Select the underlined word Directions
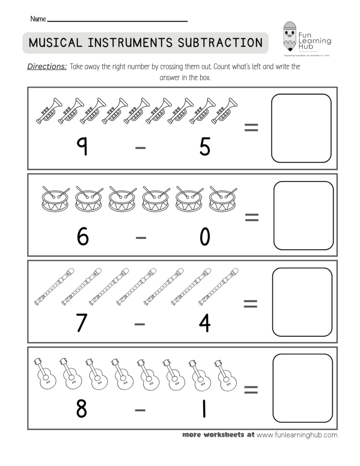coord(47,66)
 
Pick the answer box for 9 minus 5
coord(301,128)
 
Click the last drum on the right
coord(223,198)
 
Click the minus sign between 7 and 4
coord(140,324)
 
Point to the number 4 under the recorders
coord(205,323)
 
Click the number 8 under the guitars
coord(81,409)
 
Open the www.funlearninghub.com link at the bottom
coord(297,435)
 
